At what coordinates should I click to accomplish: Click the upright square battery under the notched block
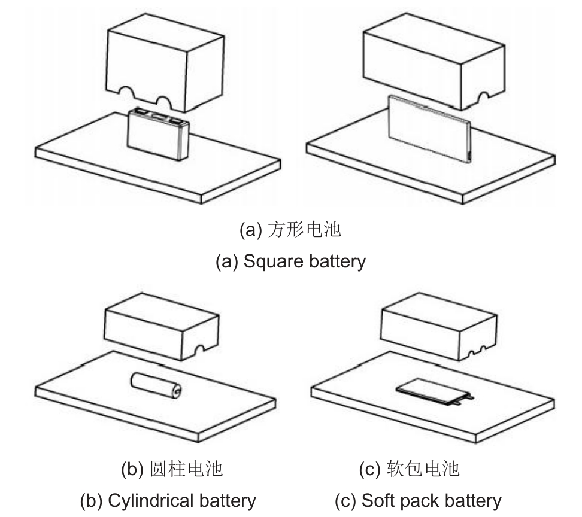158,136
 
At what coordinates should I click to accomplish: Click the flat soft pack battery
435,391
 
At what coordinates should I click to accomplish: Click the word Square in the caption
272,261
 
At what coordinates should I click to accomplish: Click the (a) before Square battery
227,261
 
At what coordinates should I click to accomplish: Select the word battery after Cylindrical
228,500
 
